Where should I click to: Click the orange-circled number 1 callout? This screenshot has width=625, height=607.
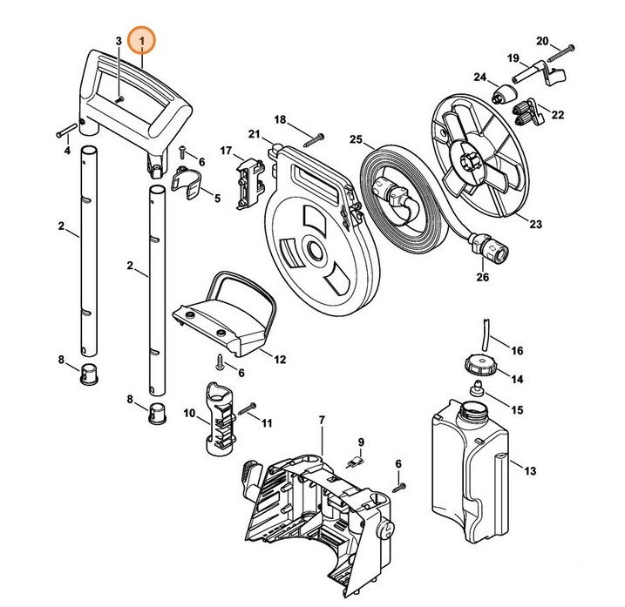click(140, 41)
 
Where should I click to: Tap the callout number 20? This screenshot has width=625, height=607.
click(541, 41)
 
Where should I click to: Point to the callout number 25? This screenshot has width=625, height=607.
click(356, 139)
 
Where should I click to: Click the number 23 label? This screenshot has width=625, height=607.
click(534, 224)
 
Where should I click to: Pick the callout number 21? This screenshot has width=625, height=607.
click(254, 133)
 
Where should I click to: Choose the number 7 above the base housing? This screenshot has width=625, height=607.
click(321, 421)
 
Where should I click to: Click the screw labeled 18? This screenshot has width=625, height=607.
click(315, 137)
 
